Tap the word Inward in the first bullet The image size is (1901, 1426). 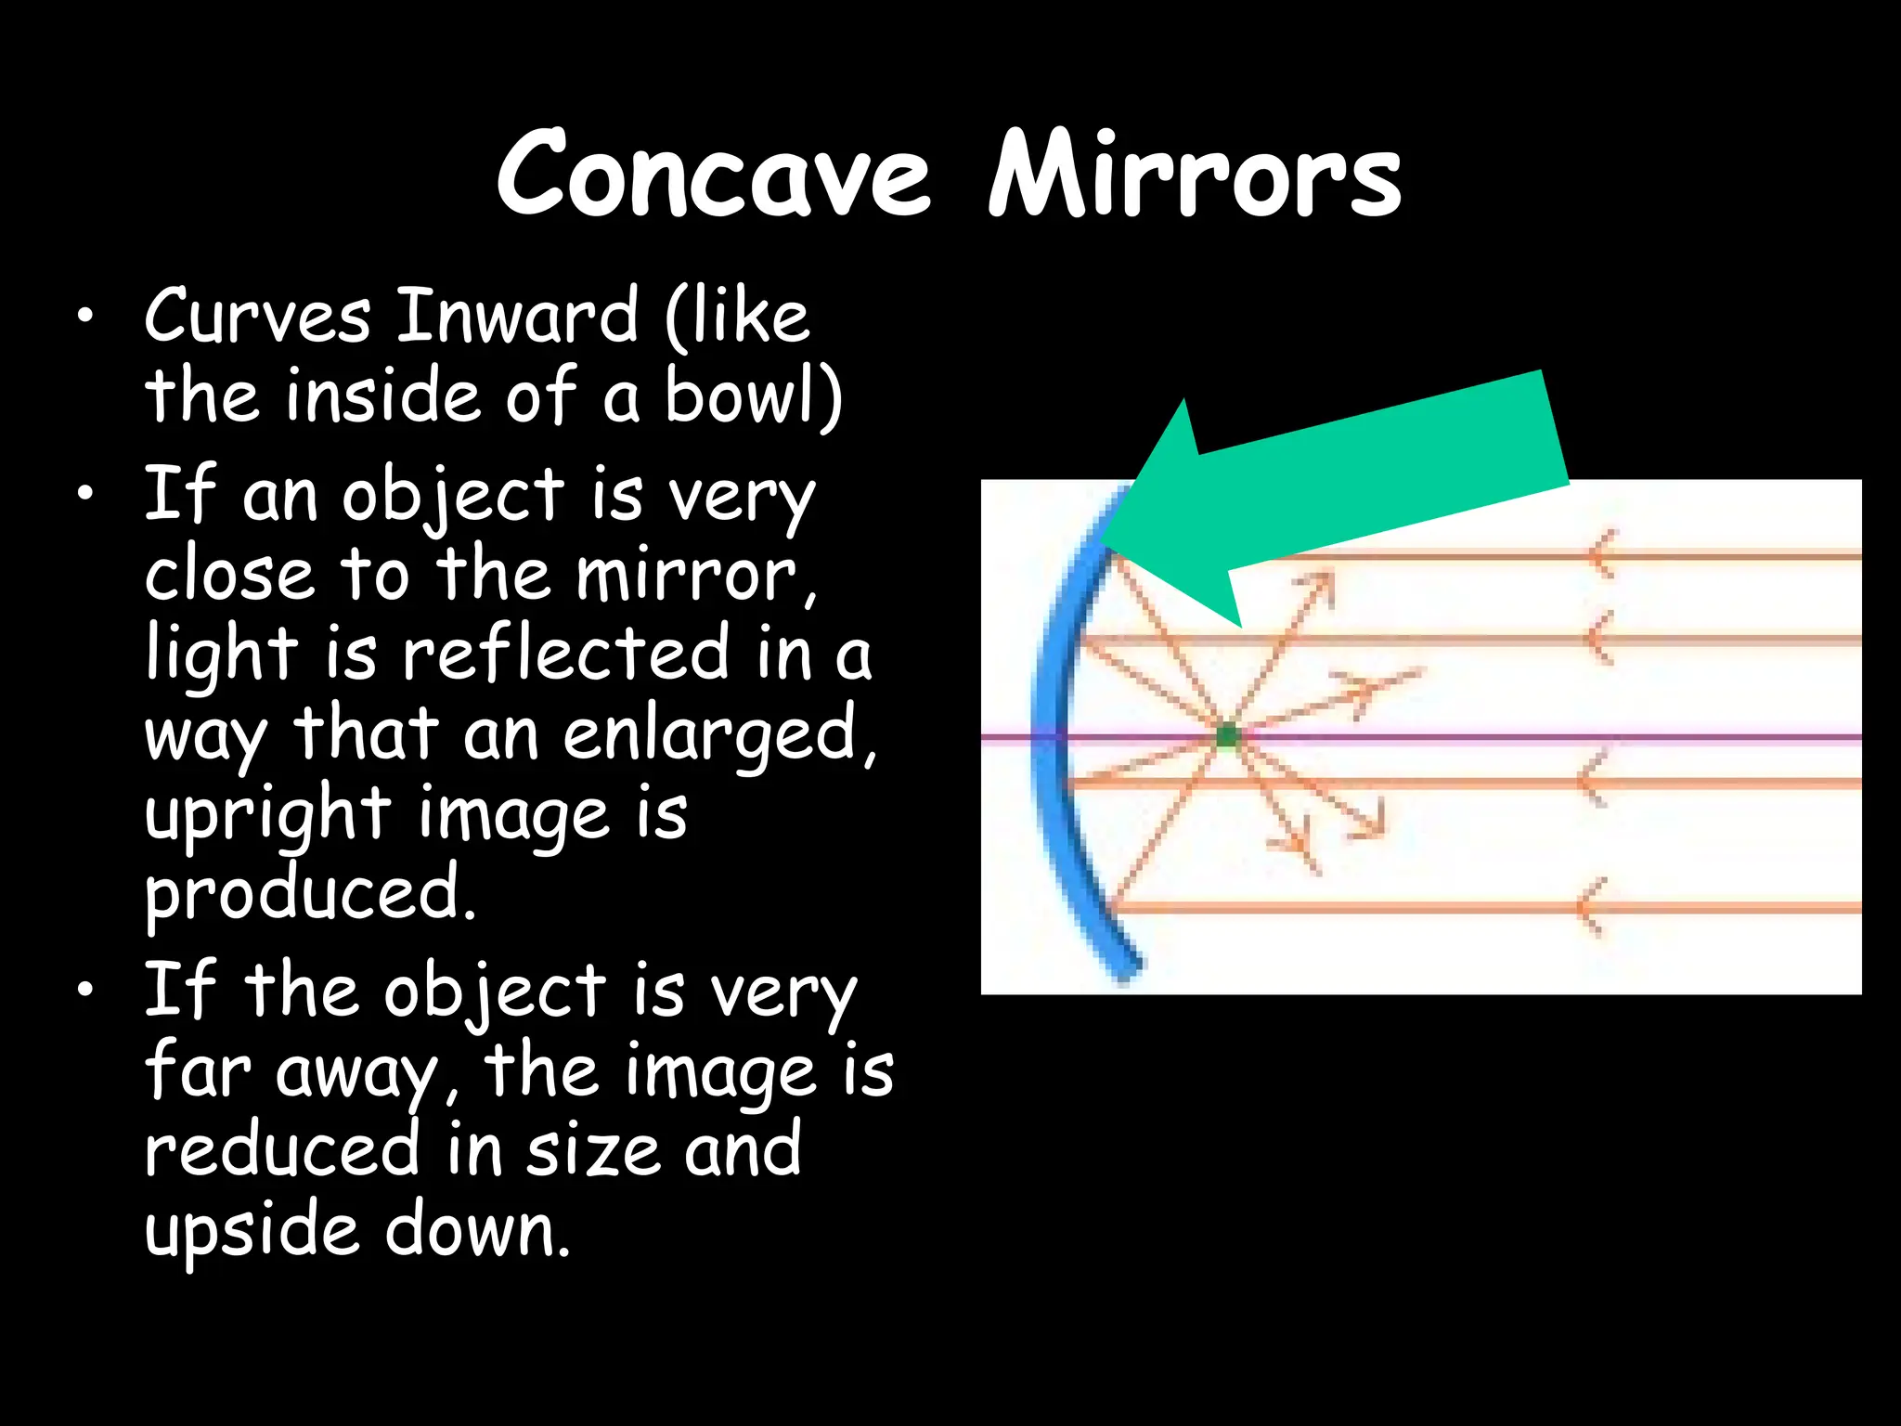point(517,317)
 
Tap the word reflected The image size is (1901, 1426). point(565,654)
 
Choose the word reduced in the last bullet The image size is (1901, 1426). point(282,1150)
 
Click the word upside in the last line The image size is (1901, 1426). point(251,1230)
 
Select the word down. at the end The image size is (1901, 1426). point(477,1230)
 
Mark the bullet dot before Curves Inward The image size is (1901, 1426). point(86,318)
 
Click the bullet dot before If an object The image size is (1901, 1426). point(86,494)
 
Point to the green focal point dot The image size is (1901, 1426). point(1227,736)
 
